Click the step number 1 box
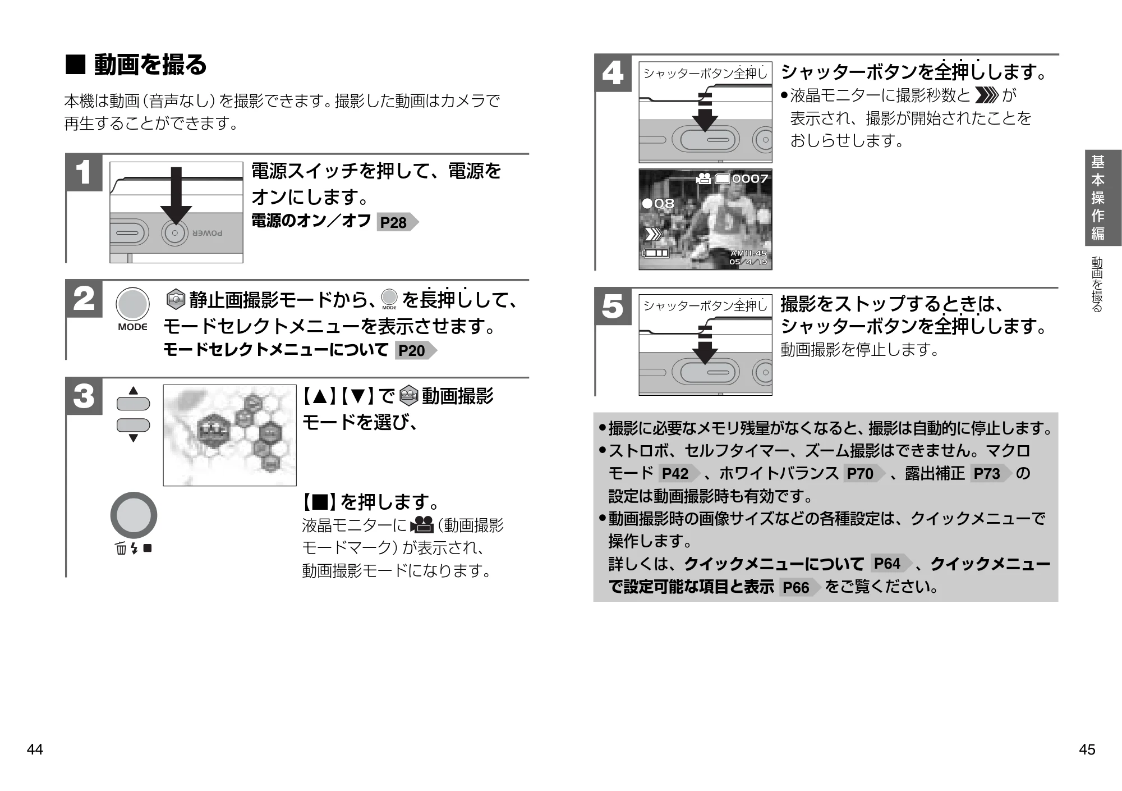(x=84, y=172)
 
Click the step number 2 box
(x=84, y=299)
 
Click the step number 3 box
(x=84, y=396)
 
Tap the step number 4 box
(x=613, y=74)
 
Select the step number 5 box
(x=613, y=307)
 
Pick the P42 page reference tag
(x=679, y=473)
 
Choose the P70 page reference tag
(x=864, y=473)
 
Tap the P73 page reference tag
(x=991, y=473)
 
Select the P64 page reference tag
(x=891, y=563)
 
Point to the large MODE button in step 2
(x=133, y=304)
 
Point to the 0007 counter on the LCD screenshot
(x=750, y=179)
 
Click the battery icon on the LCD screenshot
(x=655, y=253)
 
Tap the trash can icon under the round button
(x=121, y=548)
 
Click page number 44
(x=35, y=749)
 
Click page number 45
(x=1087, y=749)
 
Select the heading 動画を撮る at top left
(x=150, y=65)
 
